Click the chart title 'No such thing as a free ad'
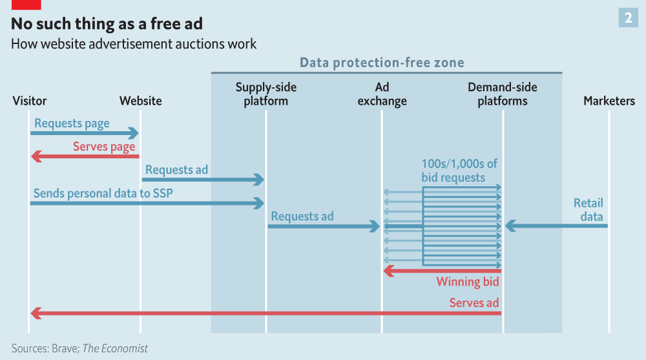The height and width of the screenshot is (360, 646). pos(107,24)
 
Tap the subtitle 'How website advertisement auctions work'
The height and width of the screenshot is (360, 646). pos(134,44)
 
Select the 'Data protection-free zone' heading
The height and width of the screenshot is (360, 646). pos(382,63)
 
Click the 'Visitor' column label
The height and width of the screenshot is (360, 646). pos(30,101)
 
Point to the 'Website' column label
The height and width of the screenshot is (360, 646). pos(140,101)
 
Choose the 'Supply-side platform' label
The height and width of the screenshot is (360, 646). pos(266,94)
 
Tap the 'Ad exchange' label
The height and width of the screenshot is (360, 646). pos(382,94)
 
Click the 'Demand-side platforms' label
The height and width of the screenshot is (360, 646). pos(502,94)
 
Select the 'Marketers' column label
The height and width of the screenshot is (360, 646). pos(609,101)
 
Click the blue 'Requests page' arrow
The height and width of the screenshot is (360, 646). pos(84,133)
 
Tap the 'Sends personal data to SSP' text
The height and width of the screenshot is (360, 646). pos(103,193)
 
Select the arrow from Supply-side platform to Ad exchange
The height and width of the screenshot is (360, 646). pos(323,226)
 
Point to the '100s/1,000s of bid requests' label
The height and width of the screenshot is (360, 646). pos(459,170)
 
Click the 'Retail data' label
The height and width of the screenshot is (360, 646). pos(588,209)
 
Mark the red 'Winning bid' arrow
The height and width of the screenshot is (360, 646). pos(443,270)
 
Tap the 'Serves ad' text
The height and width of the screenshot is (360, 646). pos(474,302)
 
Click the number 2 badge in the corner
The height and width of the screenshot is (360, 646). pos(628,18)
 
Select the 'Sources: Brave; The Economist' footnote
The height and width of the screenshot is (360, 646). pos(79,348)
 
